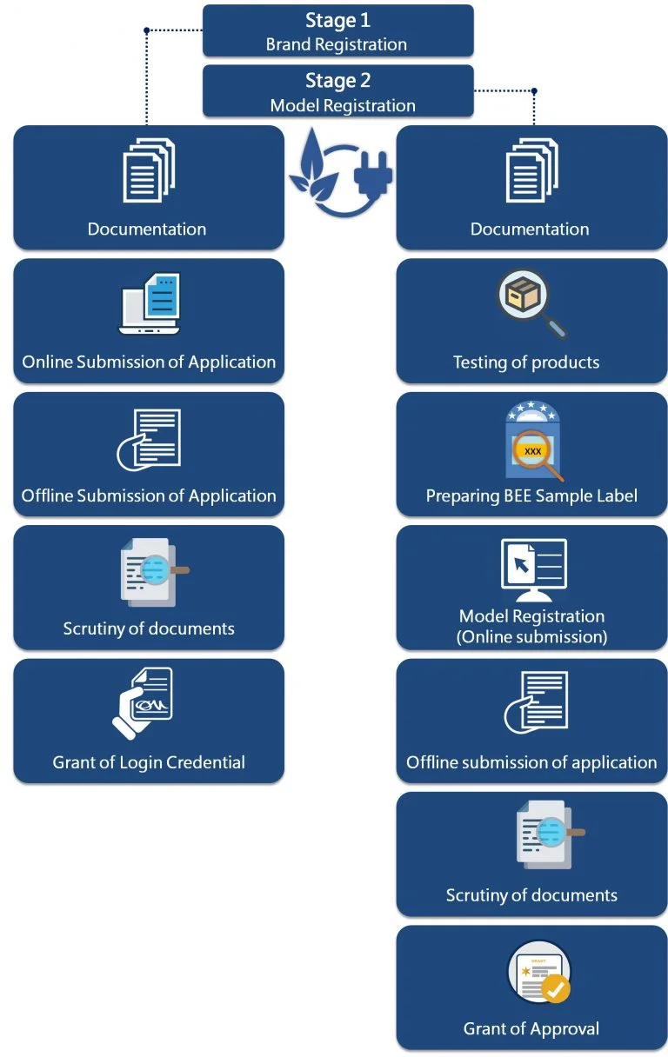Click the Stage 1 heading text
[337, 21]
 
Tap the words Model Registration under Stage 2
[343, 106]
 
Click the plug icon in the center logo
[373, 174]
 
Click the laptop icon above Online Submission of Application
[149, 304]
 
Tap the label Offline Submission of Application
[149, 496]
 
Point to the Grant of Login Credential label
[149, 763]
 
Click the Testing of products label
[526, 362]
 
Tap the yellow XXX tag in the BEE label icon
[532, 451]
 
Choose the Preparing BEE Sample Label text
[531, 496]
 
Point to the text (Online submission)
[531, 637]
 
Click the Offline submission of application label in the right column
[531, 763]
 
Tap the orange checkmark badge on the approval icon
[555, 988]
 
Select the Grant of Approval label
[531, 1029]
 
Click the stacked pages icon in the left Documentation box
[149, 170]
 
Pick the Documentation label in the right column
[530, 229]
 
